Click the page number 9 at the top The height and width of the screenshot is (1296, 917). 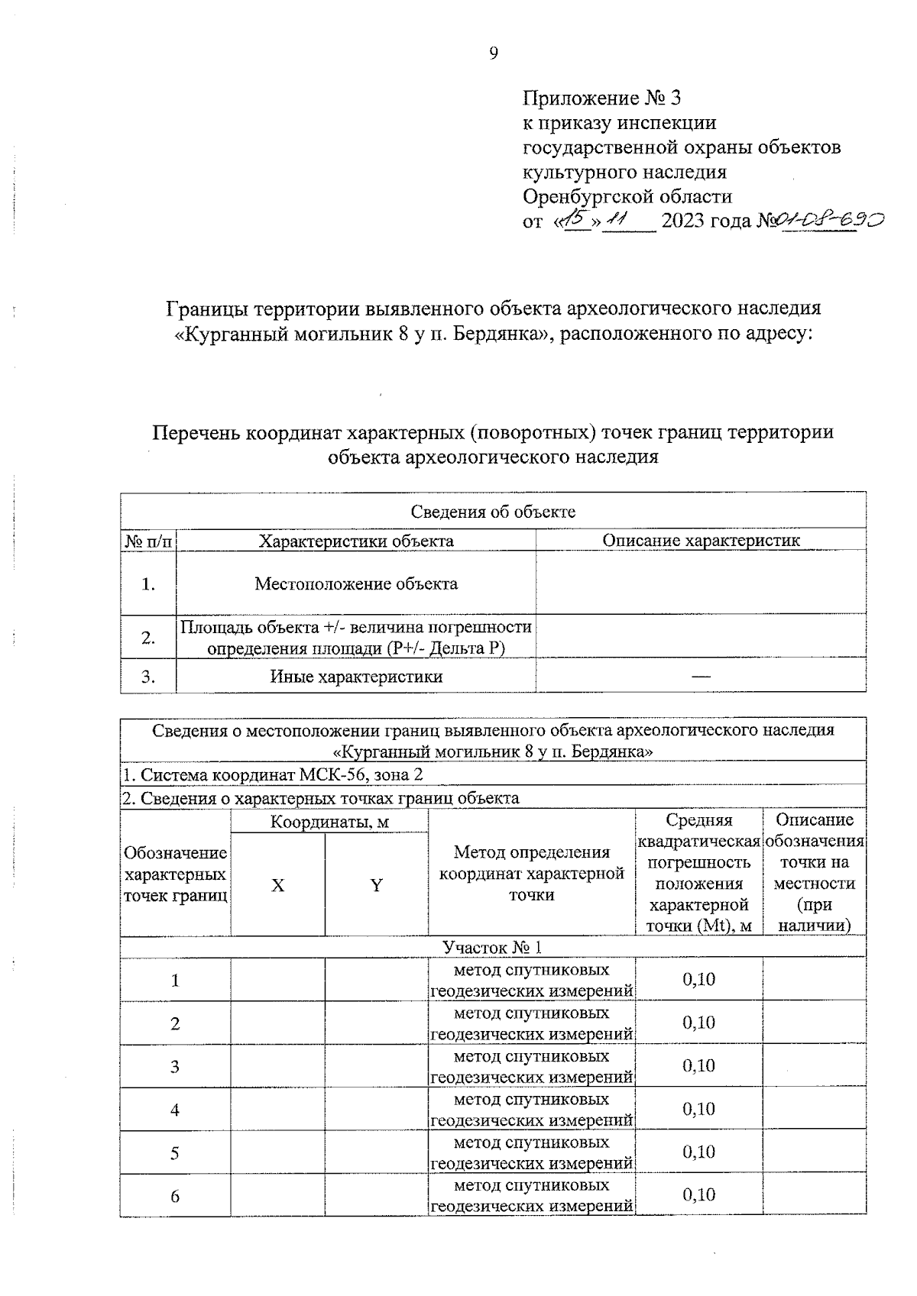[493, 53]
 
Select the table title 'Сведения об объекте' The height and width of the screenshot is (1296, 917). [493, 512]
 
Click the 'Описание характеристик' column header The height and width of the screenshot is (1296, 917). [701, 541]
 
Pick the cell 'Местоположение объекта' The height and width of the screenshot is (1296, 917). [356, 584]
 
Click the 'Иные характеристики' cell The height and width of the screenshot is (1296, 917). [356, 677]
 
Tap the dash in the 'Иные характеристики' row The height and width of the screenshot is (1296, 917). [701, 676]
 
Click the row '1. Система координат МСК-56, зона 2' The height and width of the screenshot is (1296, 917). [274, 775]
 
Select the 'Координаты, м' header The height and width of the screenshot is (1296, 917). [329, 822]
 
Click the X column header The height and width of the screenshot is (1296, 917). [278, 885]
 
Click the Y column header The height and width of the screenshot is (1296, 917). [376, 885]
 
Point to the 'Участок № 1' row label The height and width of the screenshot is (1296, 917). [493, 947]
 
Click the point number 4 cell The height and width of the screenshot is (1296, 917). [175, 1110]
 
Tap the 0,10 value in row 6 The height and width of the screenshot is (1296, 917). [698, 1194]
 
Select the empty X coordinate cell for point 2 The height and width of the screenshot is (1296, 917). [278, 1023]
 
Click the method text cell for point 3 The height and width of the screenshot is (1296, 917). [531, 1066]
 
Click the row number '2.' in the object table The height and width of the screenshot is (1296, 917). [148, 638]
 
